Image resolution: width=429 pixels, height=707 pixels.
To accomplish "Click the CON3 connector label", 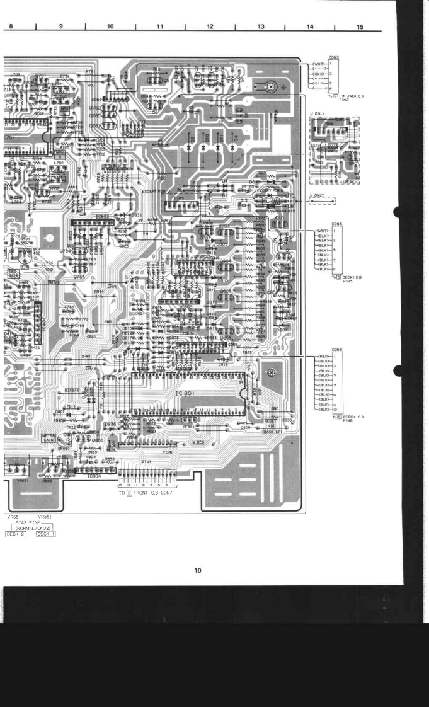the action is tap(334, 58).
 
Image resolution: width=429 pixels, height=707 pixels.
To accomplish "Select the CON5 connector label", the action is tap(336, 224).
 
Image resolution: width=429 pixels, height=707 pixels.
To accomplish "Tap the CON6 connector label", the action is tap(336, 350).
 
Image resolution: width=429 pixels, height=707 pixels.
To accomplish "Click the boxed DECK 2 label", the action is tap(14, 534).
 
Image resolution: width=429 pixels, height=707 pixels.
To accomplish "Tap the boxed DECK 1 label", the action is tap(46, 534).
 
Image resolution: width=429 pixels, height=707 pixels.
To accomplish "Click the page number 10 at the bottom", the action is tap(197, 571).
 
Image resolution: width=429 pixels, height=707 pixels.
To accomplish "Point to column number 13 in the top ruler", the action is tap(260, 27).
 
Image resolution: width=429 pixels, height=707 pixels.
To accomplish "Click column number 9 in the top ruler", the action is tap(60, 27).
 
